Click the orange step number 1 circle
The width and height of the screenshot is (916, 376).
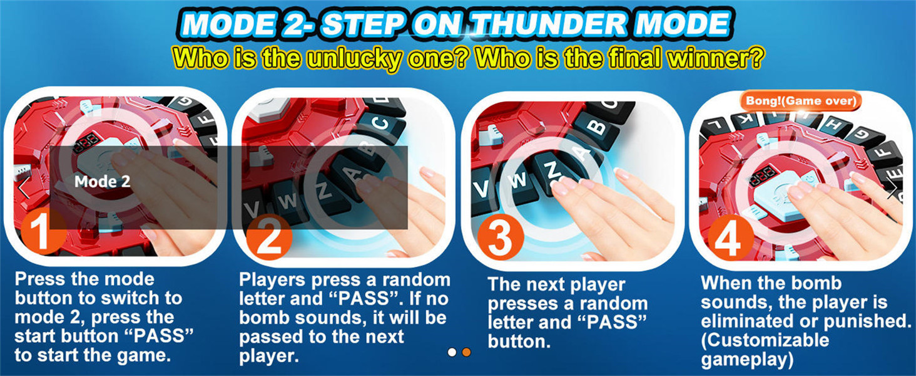click(42, 233)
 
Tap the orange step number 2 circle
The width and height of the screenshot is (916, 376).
click(268, 237)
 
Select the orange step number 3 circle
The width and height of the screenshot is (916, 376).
click(500, 237)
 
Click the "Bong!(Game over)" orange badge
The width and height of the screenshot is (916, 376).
click(801, 101)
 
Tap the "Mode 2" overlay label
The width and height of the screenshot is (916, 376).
click(102, 182)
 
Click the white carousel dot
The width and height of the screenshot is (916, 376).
click(452, 352)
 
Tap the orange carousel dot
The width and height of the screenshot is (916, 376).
click(466, 352)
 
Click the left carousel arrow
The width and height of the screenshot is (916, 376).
click(24, 187)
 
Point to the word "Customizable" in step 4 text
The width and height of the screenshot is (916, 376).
click(765, 340)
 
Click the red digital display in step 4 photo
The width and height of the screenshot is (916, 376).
click(762, 175)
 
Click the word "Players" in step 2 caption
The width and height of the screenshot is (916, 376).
click(272, 279)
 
